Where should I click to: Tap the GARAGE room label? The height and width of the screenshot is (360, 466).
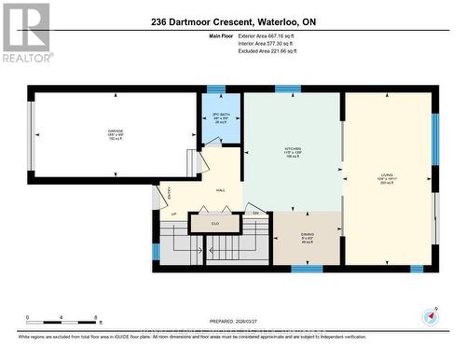90,132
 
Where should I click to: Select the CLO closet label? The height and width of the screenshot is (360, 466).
215,224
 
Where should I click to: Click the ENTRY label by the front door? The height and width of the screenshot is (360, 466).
169,194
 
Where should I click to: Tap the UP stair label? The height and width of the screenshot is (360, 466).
173,214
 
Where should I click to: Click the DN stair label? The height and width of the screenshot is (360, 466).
255,214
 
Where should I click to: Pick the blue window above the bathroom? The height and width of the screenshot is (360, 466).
216,90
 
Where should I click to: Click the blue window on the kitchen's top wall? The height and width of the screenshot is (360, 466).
288,90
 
